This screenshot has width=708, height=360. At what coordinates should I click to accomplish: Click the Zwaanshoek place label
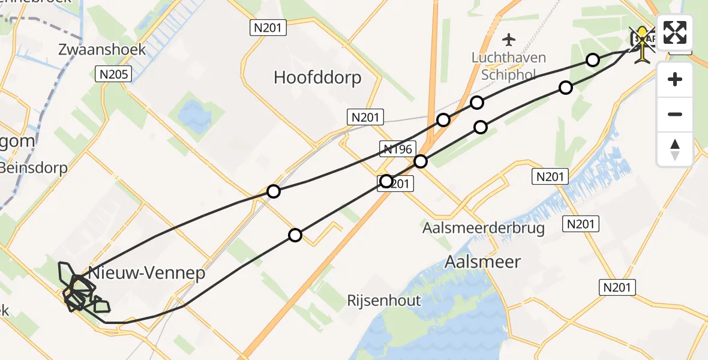(x=103, y=49)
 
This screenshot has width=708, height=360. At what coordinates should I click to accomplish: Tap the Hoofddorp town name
(x=317, y=77)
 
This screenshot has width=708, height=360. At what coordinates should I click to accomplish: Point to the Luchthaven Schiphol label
(x=508, y=65)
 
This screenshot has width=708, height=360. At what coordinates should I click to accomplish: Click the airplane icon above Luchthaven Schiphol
(x=509, y=40)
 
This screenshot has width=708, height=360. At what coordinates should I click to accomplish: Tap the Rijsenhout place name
(x=384, y=301)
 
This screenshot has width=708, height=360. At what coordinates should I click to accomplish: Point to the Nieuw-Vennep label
(x=146, y=274)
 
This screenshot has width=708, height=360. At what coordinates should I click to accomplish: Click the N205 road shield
(x=113, y=74)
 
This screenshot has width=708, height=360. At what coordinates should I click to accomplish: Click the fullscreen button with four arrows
(x=675, y=32)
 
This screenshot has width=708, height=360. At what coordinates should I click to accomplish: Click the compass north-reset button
(x=675, y=149)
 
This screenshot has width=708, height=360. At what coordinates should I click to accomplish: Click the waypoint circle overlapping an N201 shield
(x=386, y=181)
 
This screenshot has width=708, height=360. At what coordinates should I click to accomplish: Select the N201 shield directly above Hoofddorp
(x=269, y=27)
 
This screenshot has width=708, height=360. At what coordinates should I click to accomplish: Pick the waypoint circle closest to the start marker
(x=593, y=59)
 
